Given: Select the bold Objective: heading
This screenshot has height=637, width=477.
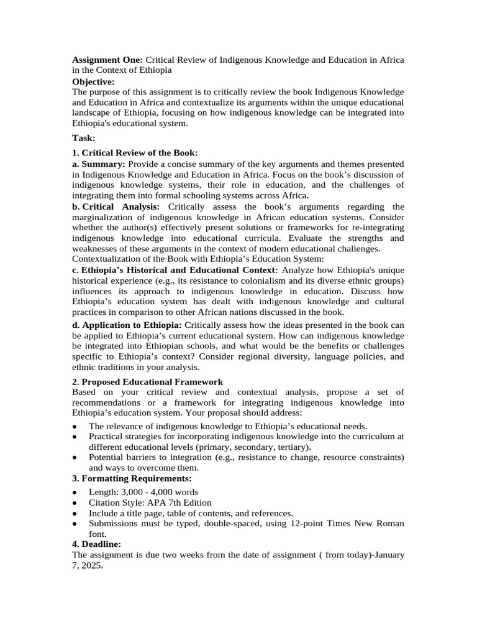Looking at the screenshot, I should pyautogui.click(x=93, y=81).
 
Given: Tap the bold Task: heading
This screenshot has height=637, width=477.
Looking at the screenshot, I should pyautogui.click(x=84, y=138).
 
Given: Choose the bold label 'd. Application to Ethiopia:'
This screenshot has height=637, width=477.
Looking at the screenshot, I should pyautogui.click(x=127, y=325).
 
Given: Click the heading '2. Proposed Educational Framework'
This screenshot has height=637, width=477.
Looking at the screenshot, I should pyautogui.click(x=147, y=381).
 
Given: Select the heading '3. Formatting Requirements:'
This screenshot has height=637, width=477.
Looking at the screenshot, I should pyautogui.click(x=132, y=478).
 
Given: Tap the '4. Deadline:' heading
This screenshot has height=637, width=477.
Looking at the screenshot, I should pyautogui.click(x=96, y=544).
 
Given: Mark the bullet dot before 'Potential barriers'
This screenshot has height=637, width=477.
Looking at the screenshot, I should pyautogui.click(x=75, y=458).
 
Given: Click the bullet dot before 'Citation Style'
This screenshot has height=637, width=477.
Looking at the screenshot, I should pyautogui.click(x=75, y=503).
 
